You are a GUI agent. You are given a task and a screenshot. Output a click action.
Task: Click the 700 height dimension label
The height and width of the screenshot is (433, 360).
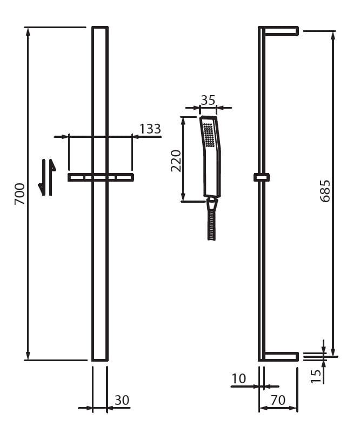[19, 194]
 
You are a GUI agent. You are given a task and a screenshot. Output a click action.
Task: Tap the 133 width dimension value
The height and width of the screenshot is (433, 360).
[150, 129]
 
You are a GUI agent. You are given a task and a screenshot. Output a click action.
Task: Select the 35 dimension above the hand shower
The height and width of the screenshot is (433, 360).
[208, 100]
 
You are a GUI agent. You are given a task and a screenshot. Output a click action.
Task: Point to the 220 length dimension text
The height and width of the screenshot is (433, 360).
[176, 161]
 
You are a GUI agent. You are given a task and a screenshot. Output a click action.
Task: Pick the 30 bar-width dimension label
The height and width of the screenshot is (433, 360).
[122, 401]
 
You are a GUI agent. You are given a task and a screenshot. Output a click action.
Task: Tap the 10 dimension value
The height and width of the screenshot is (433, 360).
[238, 379]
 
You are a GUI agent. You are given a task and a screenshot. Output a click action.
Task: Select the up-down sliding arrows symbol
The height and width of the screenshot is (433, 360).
[47, 177]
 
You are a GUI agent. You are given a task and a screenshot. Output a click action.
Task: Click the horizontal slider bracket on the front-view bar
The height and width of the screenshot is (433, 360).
[101, 177]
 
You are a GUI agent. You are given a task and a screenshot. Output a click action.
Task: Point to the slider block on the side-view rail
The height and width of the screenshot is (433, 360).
[262, 177]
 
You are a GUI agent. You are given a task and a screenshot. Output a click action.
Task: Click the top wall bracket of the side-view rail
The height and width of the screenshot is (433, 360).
[280, 31]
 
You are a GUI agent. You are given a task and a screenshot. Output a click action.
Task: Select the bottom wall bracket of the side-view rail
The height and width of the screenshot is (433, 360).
[280, 356]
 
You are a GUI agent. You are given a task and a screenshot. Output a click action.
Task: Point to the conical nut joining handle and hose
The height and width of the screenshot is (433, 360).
[212, 204]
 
